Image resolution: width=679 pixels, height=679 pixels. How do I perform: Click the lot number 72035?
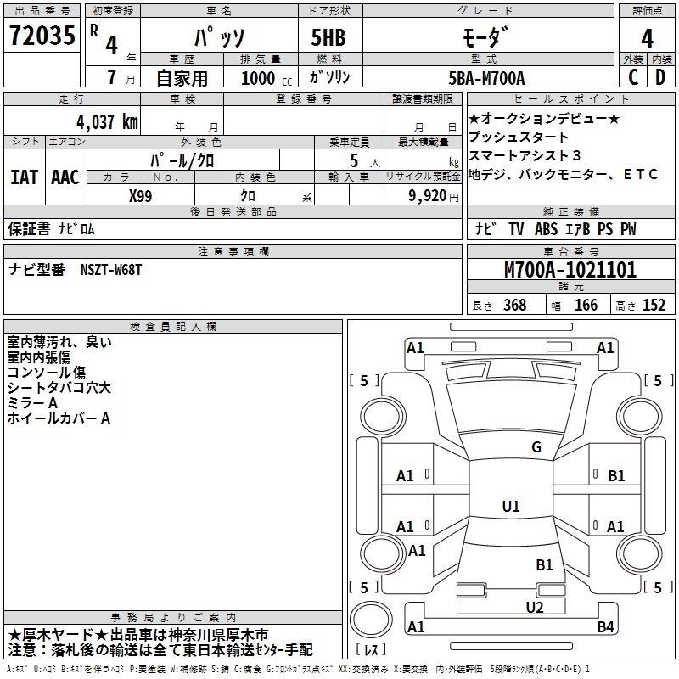[42, 36]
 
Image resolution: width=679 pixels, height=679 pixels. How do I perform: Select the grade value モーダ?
[485, 37]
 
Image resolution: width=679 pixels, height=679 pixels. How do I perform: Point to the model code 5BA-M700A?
[485, 78]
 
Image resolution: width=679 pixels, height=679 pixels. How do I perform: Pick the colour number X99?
[141, 194]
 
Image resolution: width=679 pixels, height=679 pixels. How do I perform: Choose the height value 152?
[654, 306]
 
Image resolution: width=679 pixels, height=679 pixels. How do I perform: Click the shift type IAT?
[25, 177]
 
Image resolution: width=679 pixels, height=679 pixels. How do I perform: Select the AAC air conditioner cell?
[65, 177]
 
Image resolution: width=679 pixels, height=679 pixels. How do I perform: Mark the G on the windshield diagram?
[536, 447]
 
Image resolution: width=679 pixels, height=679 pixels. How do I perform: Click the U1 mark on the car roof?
[511, 507]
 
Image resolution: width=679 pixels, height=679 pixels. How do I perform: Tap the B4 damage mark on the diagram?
[605, 627]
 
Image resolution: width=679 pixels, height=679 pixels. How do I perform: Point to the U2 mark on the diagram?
[534, 607]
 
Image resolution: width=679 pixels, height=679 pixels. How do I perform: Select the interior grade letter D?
[659, 78]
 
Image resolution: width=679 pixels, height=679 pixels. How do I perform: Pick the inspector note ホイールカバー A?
[59, 418]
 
